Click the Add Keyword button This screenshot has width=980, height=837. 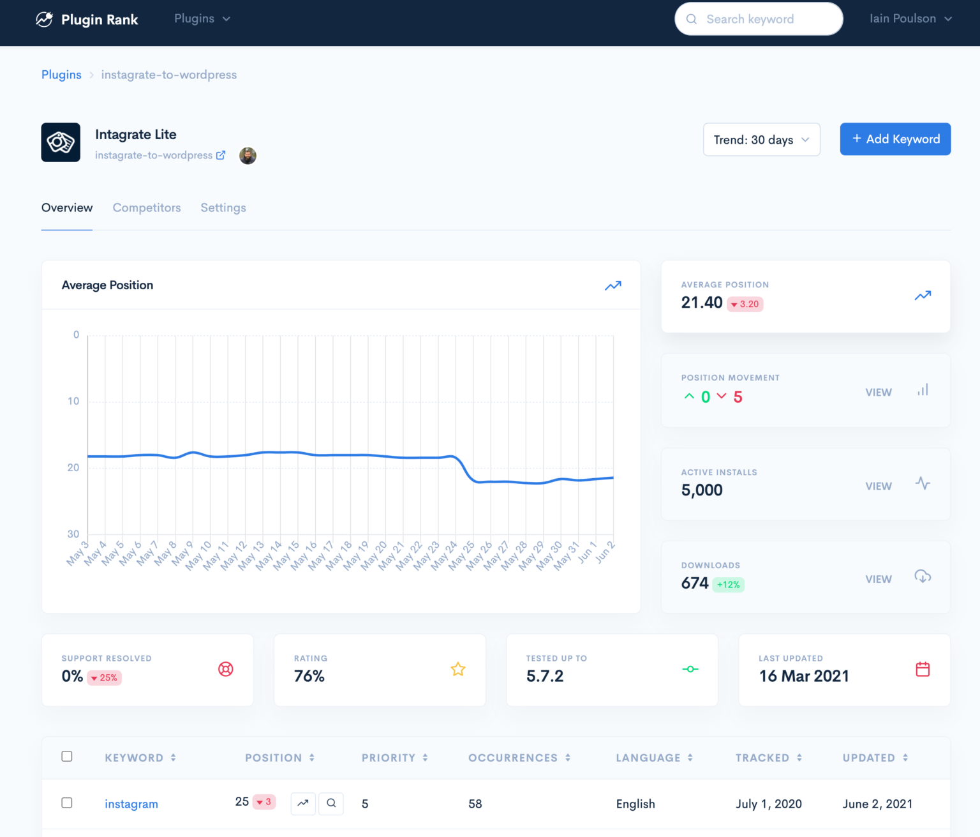pos(895,139)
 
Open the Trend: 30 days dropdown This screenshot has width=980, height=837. pos(761,140)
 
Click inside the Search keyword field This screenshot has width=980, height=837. pos(759,19)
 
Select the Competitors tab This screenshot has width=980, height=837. pos(147,207)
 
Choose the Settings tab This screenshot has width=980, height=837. pos(223,207)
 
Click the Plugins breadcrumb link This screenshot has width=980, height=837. pos(61,75)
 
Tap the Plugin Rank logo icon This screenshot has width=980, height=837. pos(44,19)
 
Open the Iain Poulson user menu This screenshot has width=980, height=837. pos(910,19)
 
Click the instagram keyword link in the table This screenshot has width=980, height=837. pos(131,804)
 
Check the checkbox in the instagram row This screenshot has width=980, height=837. pos(67,803)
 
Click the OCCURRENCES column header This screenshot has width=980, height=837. pos(513,758)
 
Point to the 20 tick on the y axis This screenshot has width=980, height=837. pos(73,467)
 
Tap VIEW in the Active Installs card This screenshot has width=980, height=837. pos(879,486)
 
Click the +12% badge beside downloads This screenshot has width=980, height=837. pos(728,584)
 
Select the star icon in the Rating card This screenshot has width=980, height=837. pos(458,669)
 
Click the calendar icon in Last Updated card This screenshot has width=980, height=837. pos(923,669)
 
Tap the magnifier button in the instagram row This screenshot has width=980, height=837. pos(331,803)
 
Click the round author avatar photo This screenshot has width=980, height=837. pos(248,155)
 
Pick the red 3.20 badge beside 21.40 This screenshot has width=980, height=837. pos(745,304)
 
